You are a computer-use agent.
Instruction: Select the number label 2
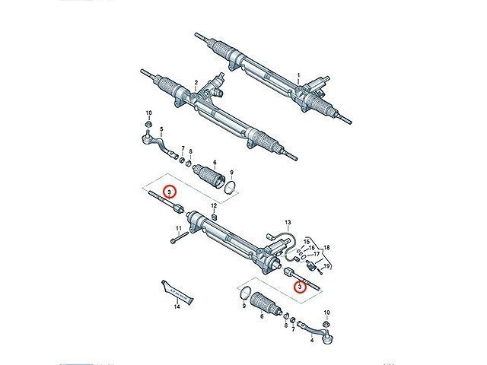click(x=196, y=82)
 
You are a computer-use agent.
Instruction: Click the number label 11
click(x=178, y=229)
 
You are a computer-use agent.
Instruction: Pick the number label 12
click(x=215, y=206)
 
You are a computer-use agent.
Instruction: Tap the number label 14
click(x=176, y=307)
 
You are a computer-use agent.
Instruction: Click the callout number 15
click(x=307, y=241)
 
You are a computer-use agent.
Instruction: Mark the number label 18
click(x=326, y=248)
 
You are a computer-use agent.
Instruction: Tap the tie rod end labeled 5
click(x=152, y=141)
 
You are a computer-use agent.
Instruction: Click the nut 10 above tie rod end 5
click(x=149, y=125)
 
